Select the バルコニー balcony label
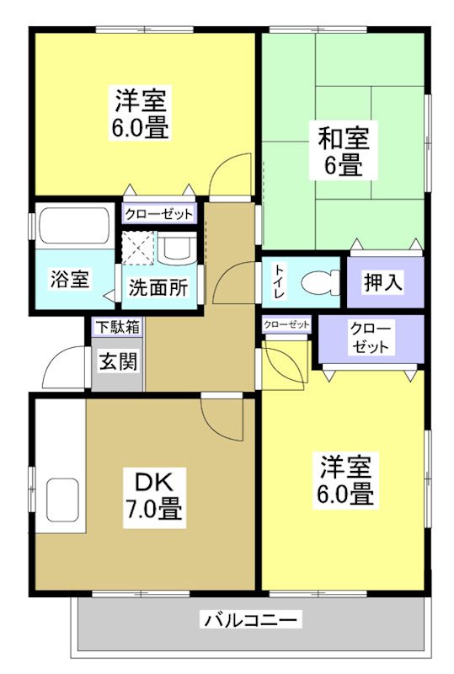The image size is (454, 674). click(x=249, y=622)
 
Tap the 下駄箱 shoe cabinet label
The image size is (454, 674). click(x=117, y=326)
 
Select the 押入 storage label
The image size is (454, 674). click(x=382, y=283)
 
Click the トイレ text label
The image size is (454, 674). click(x=278, y=282)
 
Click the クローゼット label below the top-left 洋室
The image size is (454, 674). click(x=160, y=214)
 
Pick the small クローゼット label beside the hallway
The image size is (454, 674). click(x=286, y=325)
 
